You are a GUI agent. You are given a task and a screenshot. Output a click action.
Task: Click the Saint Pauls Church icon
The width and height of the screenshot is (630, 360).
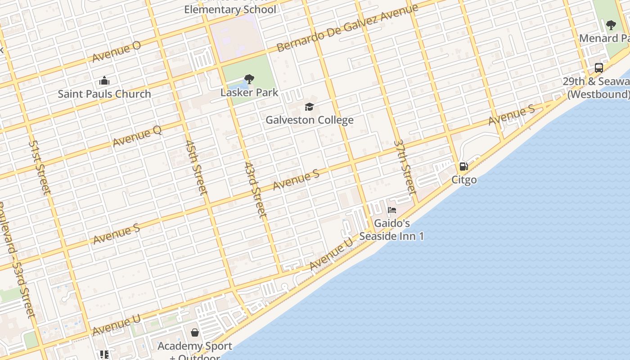[x=104, y=81]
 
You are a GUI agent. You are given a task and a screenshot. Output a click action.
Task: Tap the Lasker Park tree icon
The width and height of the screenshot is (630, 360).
[x=249, y=80]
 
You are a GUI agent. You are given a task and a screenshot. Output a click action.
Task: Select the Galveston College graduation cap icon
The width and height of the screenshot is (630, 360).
[x=309, y=107]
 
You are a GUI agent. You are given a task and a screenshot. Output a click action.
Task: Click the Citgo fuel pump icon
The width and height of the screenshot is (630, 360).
[x=463, y=166]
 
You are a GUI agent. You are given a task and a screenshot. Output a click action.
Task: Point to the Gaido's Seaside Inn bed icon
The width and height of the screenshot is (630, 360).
[x=392, y=210]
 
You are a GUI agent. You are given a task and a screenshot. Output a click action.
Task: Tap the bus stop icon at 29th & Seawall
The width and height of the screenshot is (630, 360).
[x=598, y=68]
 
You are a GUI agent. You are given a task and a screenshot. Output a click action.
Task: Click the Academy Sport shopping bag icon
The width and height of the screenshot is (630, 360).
[x=195, y=333]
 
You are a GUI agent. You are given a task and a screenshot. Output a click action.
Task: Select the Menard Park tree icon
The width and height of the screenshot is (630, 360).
[x=611, y=25]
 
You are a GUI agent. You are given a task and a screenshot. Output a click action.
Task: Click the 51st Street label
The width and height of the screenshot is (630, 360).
[x=40, y=167]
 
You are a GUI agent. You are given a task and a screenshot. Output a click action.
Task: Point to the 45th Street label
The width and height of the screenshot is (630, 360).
[x=197, y=167]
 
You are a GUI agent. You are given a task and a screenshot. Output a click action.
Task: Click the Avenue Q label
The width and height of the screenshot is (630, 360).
[x=137, y=136]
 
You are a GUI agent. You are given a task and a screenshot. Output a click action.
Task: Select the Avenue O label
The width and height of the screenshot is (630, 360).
[x=117, y=52]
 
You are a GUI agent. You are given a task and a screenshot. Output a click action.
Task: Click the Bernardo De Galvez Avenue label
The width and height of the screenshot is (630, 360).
[x=347, y=28]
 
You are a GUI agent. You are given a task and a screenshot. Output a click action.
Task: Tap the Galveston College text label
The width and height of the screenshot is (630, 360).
[x=310, y=120]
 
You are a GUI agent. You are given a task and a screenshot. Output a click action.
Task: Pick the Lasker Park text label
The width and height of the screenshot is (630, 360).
[x=249, y=93]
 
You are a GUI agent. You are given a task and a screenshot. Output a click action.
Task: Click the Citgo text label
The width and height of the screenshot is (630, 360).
[x=464, y=180]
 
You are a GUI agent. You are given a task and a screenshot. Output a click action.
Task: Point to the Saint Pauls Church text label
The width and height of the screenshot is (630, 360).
[x=104, y=94]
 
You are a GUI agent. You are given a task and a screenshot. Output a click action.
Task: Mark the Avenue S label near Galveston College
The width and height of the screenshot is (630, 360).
[x=296, y=179]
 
